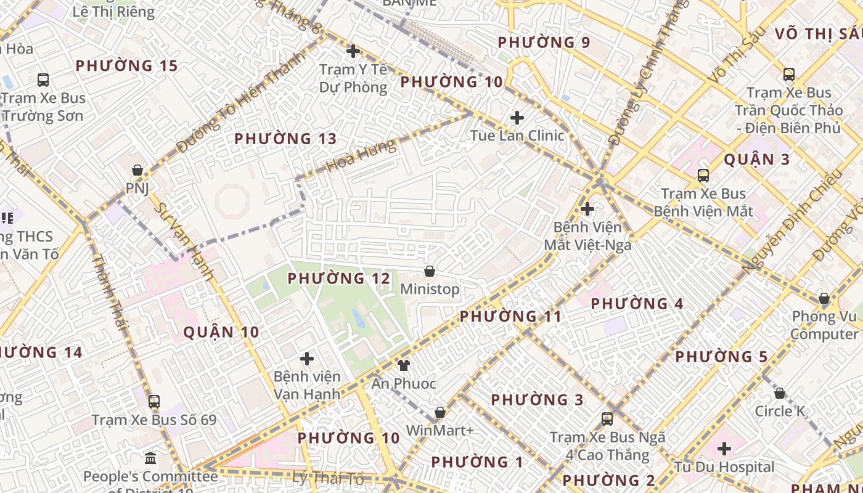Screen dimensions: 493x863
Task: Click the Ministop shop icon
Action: tap(430, 271)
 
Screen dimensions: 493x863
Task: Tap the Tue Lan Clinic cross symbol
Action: tap(517, 117)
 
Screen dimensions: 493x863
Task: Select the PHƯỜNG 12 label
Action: tap(339, 279)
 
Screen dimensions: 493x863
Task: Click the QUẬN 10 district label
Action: tap(221, 332)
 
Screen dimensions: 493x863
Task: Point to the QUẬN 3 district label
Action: tap(756, 160)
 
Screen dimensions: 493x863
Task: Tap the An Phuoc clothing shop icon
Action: tap(403, 365)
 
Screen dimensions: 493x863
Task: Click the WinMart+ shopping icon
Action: tap(440, 412)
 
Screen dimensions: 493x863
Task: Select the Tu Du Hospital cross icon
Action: tap(724, 449)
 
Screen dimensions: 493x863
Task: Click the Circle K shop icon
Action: tap(780, 393)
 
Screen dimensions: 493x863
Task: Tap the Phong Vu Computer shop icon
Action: tap(824, 299)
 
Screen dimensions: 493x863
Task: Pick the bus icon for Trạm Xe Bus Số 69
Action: tap(154, 402)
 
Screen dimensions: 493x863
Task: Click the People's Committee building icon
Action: tap(150, 458)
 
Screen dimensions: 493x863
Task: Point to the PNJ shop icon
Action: tap(137, 170)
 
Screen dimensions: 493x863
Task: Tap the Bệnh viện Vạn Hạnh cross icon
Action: tap(306, 358)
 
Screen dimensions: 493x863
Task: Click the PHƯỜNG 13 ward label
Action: tap(285, 139)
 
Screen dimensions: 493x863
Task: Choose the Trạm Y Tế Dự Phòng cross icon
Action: tap(353, 51)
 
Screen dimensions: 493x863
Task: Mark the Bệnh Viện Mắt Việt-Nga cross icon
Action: tap(587, 209)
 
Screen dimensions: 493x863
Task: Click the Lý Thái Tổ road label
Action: tap(328, 477)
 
